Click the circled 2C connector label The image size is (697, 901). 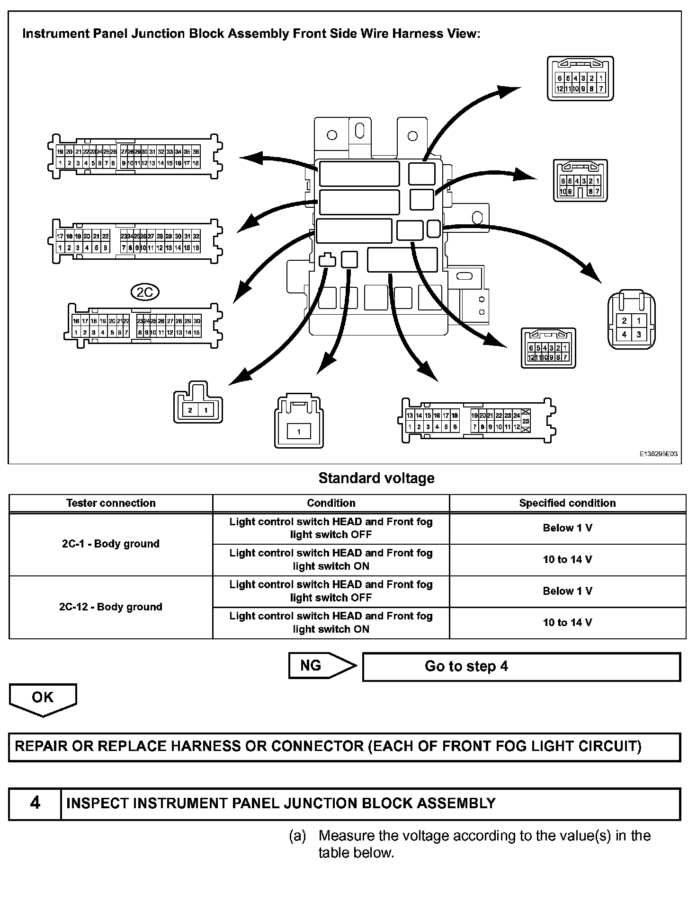click(x=145, y=292)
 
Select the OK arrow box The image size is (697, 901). click(x=43, y=698)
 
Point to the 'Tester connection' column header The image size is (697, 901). click(x=111, y=503)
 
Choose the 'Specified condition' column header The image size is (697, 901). click(x=567, y=503)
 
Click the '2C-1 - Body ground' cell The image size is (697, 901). click(x=111, y=544)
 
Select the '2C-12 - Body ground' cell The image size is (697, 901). click(x=111, y=607)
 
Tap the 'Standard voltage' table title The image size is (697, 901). click(x=376, y=478)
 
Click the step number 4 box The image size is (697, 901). click(x=35, y=803)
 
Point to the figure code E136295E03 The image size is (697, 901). click(x=658, y=454)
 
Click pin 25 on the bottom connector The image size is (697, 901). click(x=526, y=421)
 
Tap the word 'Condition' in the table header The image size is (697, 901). click(x=331, y=503)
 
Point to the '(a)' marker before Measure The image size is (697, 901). click(x=297, y=836)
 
